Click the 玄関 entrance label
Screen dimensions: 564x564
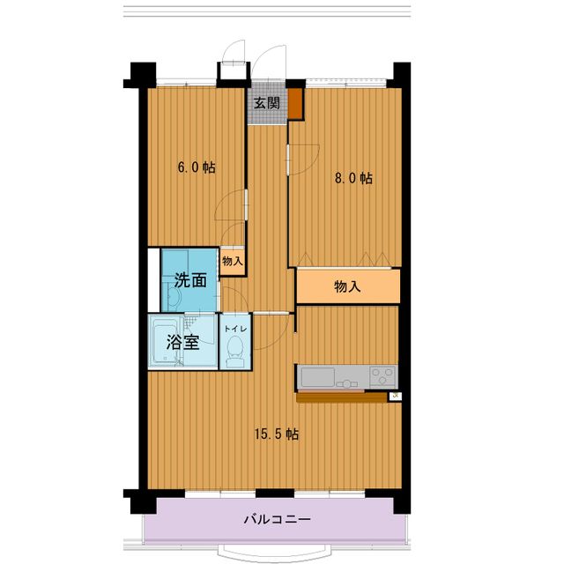coord(267,103)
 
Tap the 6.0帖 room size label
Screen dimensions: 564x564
coord(196,167)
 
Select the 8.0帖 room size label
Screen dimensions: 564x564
coord(353,178)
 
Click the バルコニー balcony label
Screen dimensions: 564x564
coord(277,519)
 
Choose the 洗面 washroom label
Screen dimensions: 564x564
coord(190,281)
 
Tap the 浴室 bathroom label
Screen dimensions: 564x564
coord(182,343)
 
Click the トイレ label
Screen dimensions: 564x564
coord(234,328)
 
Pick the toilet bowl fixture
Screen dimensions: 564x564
coord(234,354)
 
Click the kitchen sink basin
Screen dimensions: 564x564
coord(316,378)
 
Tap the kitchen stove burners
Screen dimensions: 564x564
coord(382,376)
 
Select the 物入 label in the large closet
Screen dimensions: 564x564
coord(347,286)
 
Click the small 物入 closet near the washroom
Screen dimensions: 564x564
coord(233,261)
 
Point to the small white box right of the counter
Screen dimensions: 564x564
coord(395,397)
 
